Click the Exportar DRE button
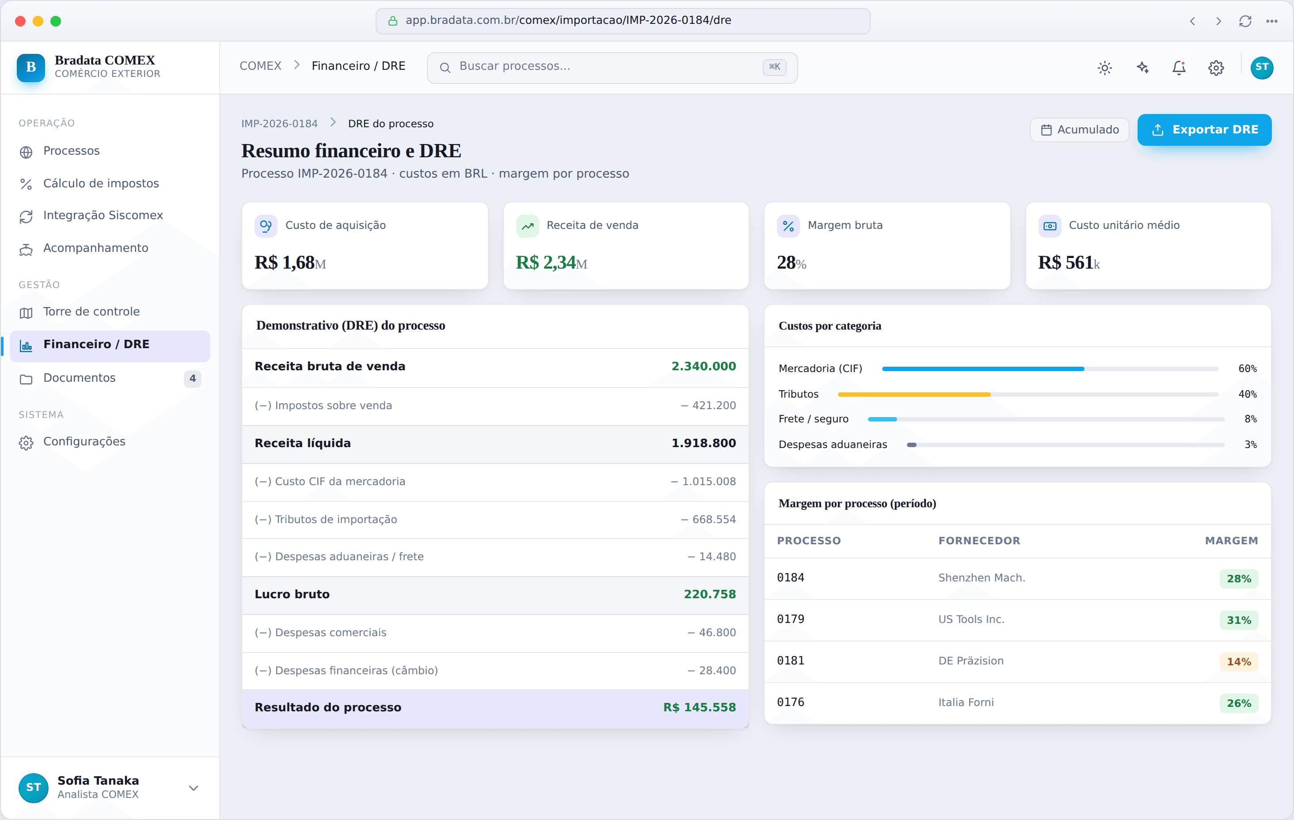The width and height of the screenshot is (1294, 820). coord(1204,129)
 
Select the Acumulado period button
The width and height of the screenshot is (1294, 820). coord(1079,129)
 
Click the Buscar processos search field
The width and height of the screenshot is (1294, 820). coord(612,67)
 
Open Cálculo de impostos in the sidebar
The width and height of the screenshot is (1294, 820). coord(101,183)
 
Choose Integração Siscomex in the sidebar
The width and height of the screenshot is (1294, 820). coord(103,215)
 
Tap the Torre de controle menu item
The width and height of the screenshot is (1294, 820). coord(91,311)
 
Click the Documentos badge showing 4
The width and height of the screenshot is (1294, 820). coord(192,378)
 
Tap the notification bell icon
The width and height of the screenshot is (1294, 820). coord(1179,68)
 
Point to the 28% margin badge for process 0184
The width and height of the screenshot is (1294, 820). coord(1239,579)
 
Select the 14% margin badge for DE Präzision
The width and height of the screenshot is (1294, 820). coord(1239,662)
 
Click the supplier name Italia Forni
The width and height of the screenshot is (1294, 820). coord(966,702)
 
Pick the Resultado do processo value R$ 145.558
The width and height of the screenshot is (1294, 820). coord(699,708)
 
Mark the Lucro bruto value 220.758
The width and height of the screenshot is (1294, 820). coord(709,594)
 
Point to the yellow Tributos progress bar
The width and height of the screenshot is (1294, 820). coord(913,395)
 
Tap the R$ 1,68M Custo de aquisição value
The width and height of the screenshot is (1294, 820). coord(290,263)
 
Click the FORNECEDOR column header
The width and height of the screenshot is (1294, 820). coord(979,541)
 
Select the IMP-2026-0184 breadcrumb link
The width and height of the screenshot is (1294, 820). coord(279,124)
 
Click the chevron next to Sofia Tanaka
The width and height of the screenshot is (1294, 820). coord(194,788)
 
